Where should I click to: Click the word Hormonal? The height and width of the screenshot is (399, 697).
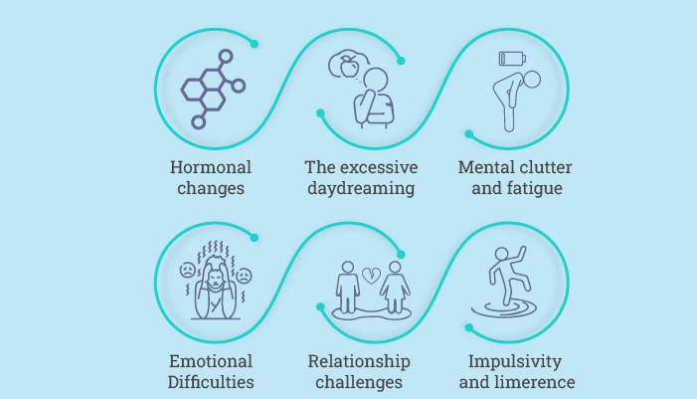(x=210, y=167)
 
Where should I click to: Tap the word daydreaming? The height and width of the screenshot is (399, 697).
(x=360, y=188)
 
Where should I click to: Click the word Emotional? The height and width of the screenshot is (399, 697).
(x=210, y=361)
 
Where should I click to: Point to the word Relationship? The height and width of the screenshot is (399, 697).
(x=359, y=361)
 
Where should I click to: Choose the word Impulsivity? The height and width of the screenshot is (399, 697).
(x=515, y=361)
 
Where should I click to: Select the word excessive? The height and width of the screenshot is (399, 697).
(x=378, y=167)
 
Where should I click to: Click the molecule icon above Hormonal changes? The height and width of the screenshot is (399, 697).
(x=212, y=89)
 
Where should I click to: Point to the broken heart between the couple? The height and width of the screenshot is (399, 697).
(x=370, y=275)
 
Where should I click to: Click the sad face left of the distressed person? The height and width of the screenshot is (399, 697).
(x=187, y=270)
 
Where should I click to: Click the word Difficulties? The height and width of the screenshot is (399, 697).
(x=210, y=382)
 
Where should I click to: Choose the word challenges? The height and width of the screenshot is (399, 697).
(x=359, y=382)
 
